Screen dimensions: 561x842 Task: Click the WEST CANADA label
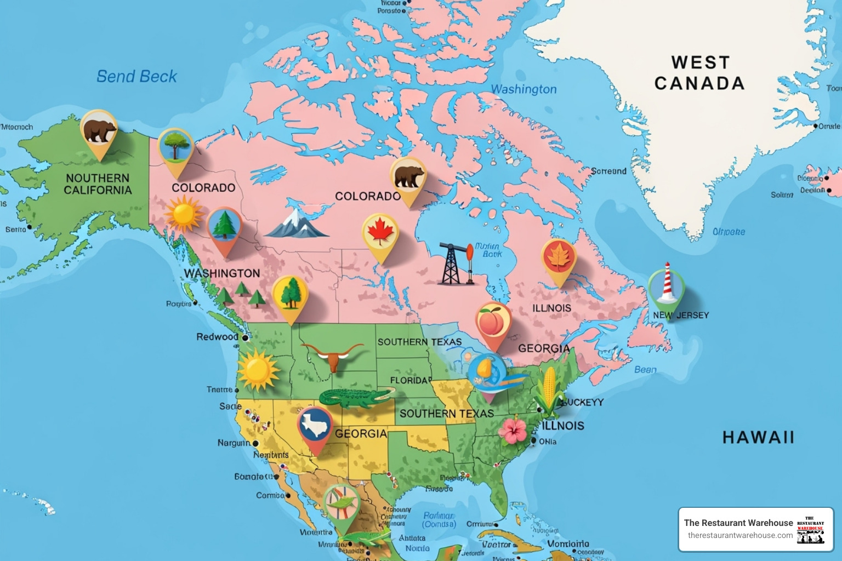[x=699, y=72]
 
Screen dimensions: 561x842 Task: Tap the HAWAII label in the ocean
[x=758, y=437]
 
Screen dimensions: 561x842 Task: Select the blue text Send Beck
[x=136, y=76]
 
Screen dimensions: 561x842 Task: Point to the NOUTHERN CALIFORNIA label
[x=98, y=184]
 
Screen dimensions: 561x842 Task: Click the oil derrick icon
[x=456, y=264]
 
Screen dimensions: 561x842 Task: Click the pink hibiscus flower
[x=513, y=430]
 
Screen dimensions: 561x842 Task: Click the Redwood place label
[x=217, y=336]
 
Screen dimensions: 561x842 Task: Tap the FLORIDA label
[x=411, y=380]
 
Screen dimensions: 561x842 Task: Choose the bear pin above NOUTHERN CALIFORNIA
[x=99, y=131]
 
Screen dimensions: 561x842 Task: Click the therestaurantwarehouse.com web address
[x=740, y=535]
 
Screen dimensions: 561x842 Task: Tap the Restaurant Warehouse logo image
[x=810, y=529]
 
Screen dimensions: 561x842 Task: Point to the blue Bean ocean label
[x=645, y=370]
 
